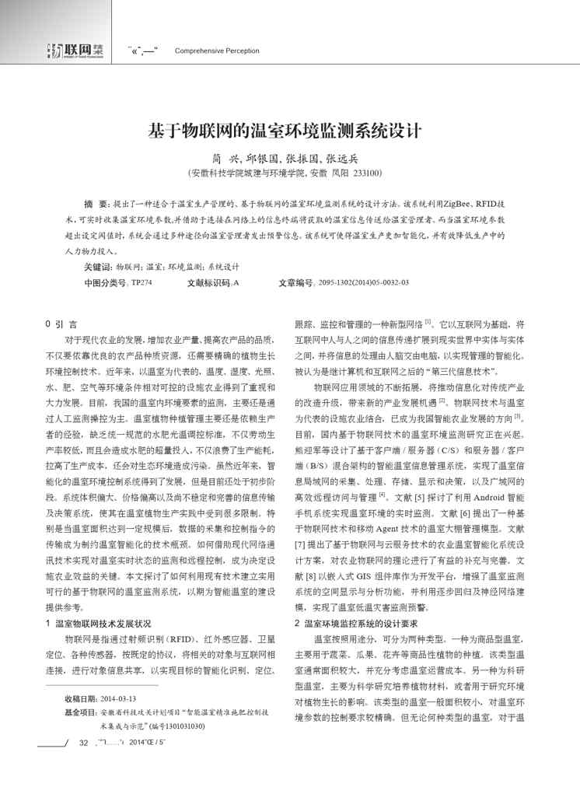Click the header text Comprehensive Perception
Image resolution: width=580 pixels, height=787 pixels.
click(x=217, y=51)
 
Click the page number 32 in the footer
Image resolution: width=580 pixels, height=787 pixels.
click(x=84, y=765)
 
